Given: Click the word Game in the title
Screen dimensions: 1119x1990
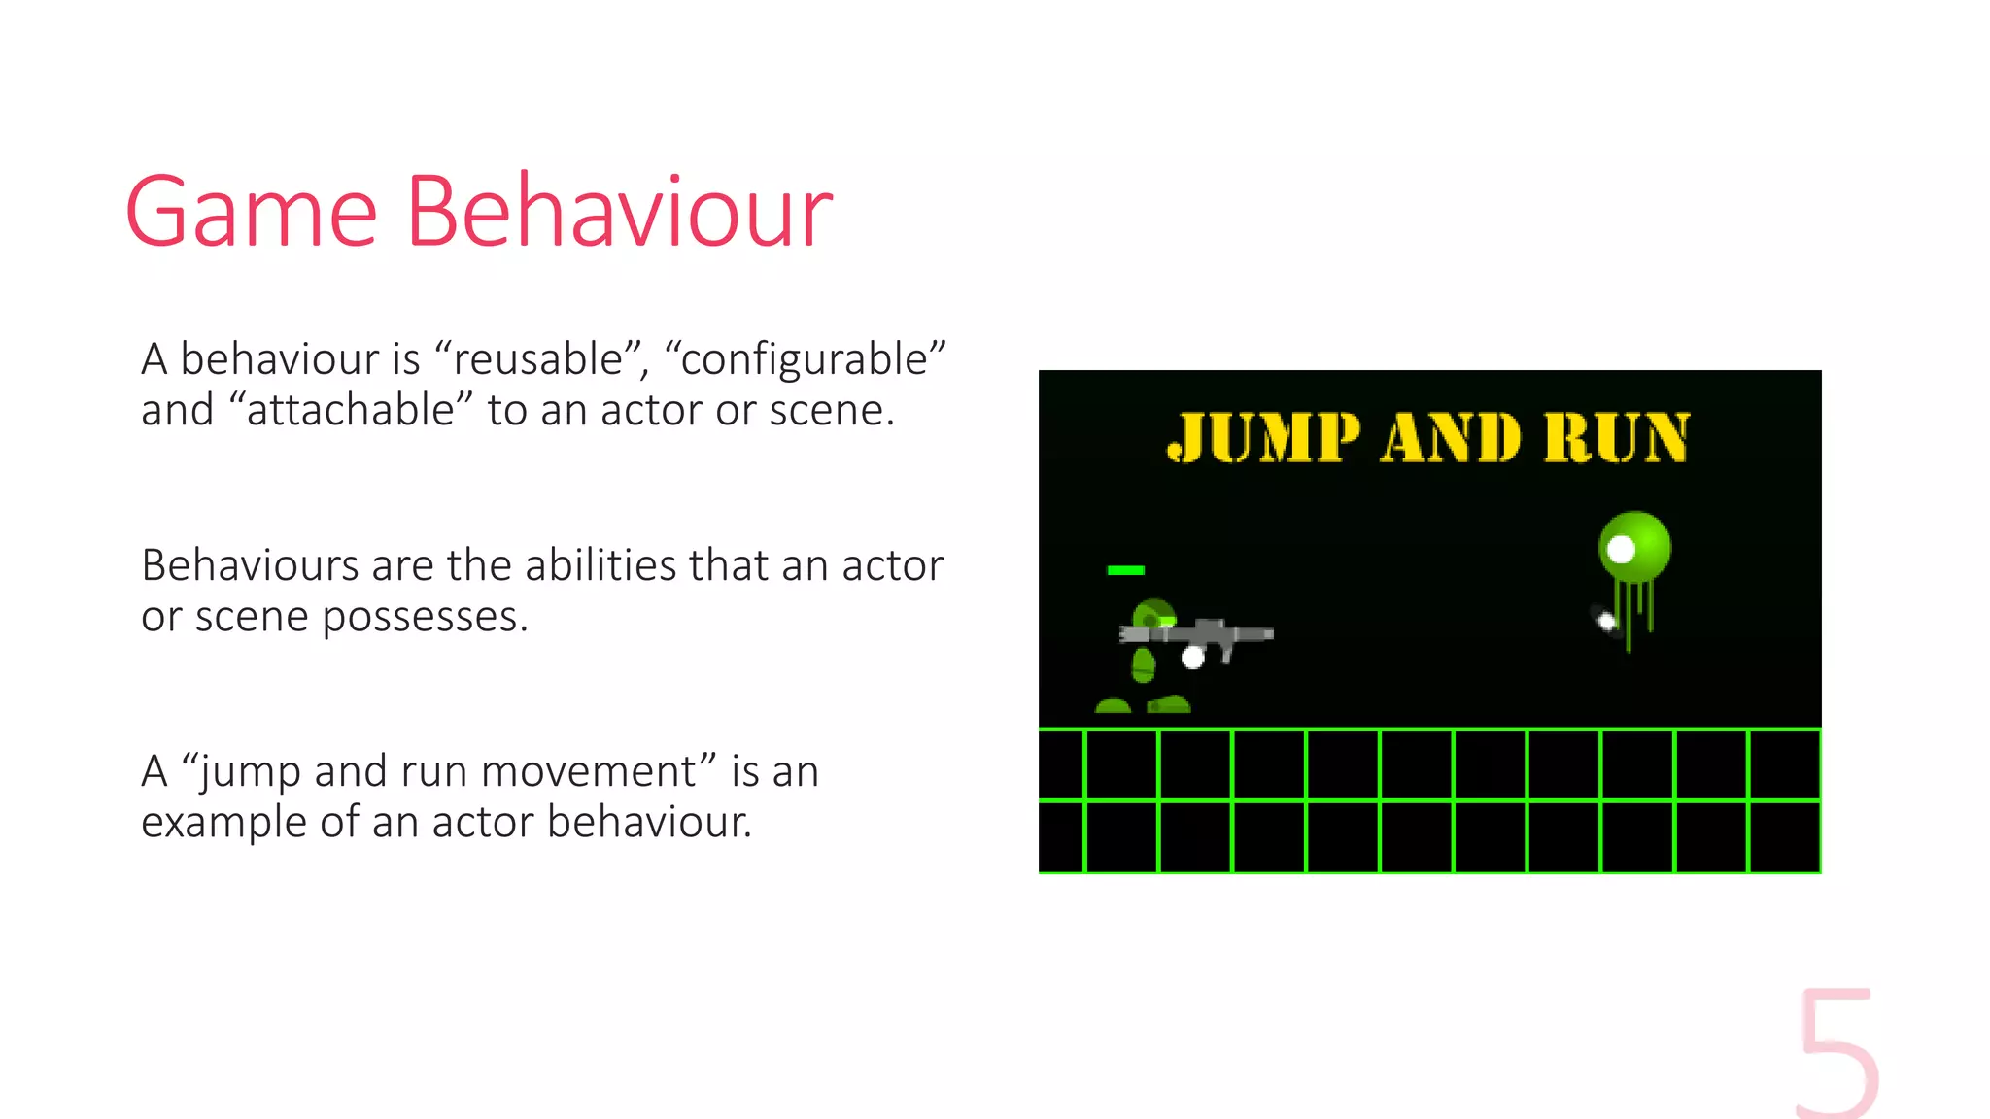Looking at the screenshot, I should tap(251, 212).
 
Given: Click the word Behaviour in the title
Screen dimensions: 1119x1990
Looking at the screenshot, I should tap(619, 212).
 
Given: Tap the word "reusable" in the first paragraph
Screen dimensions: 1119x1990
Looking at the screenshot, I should tap(537, 359).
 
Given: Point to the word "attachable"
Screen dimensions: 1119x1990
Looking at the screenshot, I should tap(350, 410).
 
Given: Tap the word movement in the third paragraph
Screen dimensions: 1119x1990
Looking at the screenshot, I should tap(589, 771).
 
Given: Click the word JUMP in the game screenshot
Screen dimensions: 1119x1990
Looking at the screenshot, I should tap(1262, 437).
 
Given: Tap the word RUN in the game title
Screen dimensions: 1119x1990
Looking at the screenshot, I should tap(1617, 437).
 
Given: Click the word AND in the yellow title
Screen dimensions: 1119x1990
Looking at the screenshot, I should tap(1450, 437).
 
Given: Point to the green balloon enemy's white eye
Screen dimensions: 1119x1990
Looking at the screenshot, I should tap(1621, 550).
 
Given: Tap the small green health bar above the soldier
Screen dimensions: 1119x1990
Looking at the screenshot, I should tap(1125, 570).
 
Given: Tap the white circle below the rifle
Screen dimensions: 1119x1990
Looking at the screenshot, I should tap(1192, 659).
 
